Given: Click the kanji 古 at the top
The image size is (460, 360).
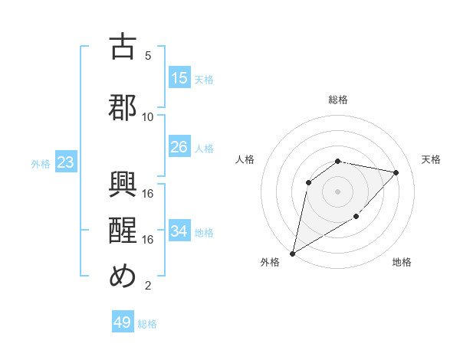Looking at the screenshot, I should [x=123, y=47].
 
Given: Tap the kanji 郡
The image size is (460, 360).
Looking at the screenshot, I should [x=123, y=107].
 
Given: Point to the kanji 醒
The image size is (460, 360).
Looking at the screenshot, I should [x=123, y=231].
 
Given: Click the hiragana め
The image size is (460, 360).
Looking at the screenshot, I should [x=123, y=277].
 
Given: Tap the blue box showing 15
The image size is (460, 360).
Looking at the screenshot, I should [x=179, y=78].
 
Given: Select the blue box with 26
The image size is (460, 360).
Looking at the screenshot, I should [x=179, y=147].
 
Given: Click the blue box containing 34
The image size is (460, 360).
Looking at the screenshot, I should [x=179, y=231].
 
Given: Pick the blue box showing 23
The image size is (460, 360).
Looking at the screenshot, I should [x=65, y=162].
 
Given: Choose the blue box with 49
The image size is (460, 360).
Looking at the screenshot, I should [x=123, y=322].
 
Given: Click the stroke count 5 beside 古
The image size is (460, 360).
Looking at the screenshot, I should [x=148, y=56].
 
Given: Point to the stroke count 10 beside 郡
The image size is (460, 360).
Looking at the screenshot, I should [x=148, y=117].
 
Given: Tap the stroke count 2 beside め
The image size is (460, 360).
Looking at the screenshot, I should [x=148, y=286].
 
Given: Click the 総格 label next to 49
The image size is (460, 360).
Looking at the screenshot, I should [x=147, y=324].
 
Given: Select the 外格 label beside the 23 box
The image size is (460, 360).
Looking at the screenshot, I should [x=41, y=163].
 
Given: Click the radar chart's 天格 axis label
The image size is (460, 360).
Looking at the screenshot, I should [x=431, y=159].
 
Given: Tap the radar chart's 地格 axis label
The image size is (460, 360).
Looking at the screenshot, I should [x=402, y=262].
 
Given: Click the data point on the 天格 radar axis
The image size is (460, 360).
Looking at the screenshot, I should [x=396, y=172].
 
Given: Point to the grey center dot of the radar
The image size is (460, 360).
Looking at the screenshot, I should [x=337, y=191].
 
